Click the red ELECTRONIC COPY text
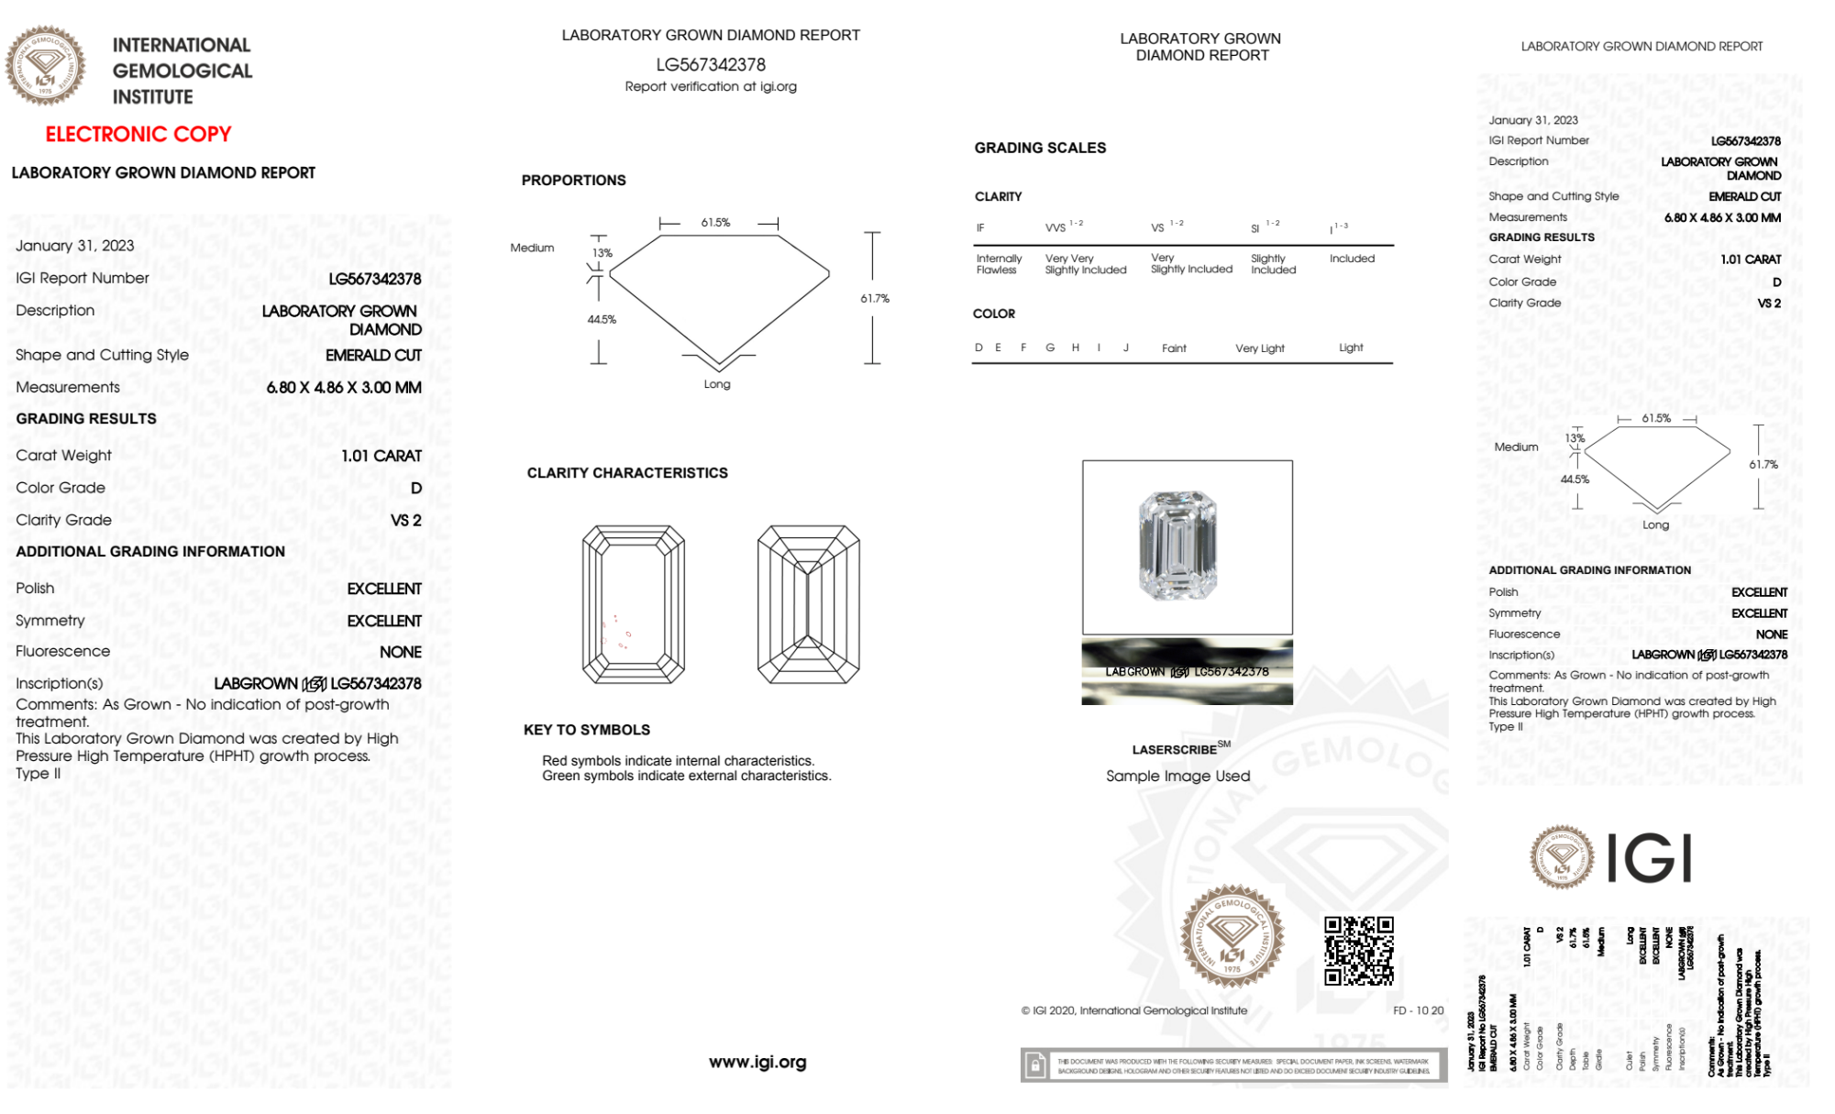click(x=138, y=134)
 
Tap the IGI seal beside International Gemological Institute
click(x=45, y=65)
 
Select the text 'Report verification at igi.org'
click(x=711, y=86)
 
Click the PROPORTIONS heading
click(x=573, y=180)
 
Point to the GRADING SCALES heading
click(x=1040, y=148)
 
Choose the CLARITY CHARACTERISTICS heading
click(x=627, y=472)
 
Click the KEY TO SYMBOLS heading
click(x=587, y=730)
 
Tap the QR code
click(x=1358, y=950)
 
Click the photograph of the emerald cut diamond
click(x=1178, y=546)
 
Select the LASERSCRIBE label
click(x=1175, y=750)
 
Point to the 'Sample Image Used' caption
click(x=1177, y=776)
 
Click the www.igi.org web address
click(x=757, y=1062)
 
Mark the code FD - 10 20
click(x=1418, y=1010)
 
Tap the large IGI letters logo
click(x=1649, y=858)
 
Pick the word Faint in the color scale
click(x=1174, y=348)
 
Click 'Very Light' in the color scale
click(x=1259, y=348)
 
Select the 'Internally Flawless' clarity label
click(x=998, y=264)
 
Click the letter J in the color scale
click(x=1126, y=347)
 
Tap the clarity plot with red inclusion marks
click(x=634, y=604)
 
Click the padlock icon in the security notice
click(x=1035, y=1065)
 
